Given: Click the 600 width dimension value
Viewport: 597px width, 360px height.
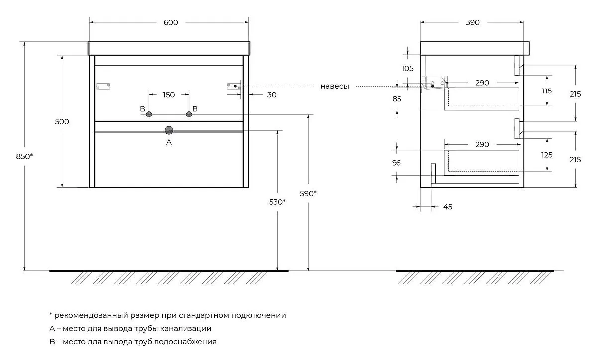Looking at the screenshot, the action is click(x=171, y=23).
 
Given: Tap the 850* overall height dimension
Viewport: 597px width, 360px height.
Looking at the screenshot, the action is click(x=24, y=156).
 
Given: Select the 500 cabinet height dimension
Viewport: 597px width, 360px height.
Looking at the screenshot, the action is click(x=62, y=122).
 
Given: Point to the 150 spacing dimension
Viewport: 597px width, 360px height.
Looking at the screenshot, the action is click(x=169, y=95).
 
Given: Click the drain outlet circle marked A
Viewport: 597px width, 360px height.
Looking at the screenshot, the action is click(x=169, y=130).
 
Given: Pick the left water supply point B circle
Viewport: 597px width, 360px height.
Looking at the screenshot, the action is click(x=149, y=114).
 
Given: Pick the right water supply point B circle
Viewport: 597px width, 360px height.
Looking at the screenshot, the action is click(x=189, y=114).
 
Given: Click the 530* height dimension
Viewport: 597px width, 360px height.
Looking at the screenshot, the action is click(x=277, y=202).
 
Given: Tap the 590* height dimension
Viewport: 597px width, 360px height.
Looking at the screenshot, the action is click(x=308, y=194).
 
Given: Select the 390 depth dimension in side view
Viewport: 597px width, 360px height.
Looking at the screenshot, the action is click(x=473, y=23).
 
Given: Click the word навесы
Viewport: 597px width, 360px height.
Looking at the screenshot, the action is click(x=335, y=86).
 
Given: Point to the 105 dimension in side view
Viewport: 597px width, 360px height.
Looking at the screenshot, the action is click(x=408, y=69).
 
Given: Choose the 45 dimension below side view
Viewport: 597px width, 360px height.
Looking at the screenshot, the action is click(x=448, y=207).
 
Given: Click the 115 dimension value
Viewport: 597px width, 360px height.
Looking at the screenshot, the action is click(x=547, y=91).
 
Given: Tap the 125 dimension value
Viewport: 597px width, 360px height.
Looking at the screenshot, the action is click(x=547, y=155).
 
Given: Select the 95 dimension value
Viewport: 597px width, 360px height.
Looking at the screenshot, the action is click(x=397, y=163).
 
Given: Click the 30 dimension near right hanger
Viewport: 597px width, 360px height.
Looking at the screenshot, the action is click(x=272, y=95).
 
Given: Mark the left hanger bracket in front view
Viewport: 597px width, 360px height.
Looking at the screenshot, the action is click(x=103, y=86).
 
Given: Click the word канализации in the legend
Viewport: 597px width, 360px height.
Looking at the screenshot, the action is click(x=186, y=329).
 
